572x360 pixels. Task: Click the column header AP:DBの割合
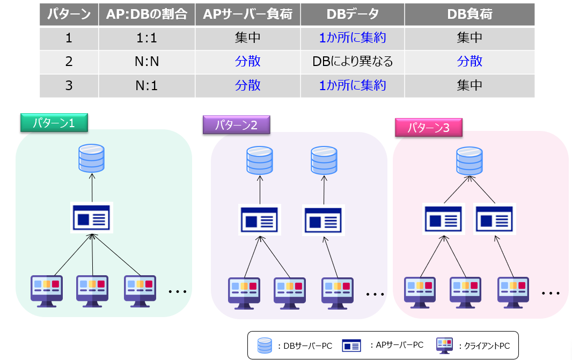pyautogui.click(x=146, y=15)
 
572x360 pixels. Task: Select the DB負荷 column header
pyautogui.click(x=470, y=15)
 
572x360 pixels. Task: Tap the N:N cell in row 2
pyautogui.click(x=146, y=61)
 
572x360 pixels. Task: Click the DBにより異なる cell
pyautogui.click(x=353, y=61)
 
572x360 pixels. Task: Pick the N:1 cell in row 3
pyautogui.click(x=146, y=85)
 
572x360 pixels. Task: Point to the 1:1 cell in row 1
pyautogui.click(x=146, y=38)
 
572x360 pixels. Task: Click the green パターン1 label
pyautogui.click(x=54, y=123)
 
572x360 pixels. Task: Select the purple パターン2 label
pyautogui.click(x=237, y=126)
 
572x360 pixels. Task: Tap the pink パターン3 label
pyautogui.click(x=428, y=128)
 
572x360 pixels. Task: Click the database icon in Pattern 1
pyautogui.click(x=91, y=157)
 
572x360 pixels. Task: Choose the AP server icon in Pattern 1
pyautogui.click(x=91, y=218)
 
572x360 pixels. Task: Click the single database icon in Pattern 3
pyautogui.click(x=468, y=160)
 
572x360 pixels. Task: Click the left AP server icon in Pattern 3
pyautogui.click(x=444, y=218)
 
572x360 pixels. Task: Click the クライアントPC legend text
pyautogui.click(x=485, y=346)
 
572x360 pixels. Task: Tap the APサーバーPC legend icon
pyautogui.click(x=352, y=346)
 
